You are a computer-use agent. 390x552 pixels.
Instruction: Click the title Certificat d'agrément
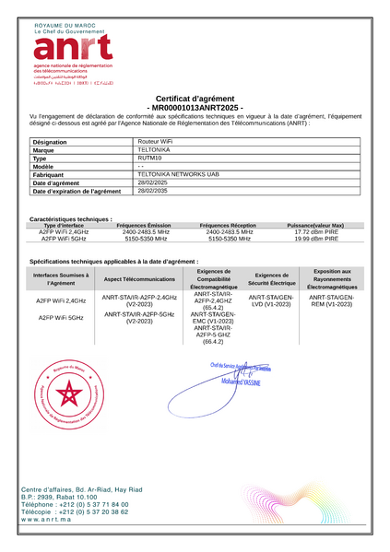(195, 99)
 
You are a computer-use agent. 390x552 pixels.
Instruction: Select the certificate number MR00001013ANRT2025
(195, 108)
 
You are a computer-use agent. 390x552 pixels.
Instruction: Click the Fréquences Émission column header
(144, 225)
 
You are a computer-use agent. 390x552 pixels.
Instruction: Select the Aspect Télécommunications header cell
(139, 278)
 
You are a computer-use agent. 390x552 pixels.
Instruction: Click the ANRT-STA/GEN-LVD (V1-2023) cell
(272, 301)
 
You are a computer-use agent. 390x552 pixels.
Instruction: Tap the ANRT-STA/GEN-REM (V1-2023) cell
(330, 301)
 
